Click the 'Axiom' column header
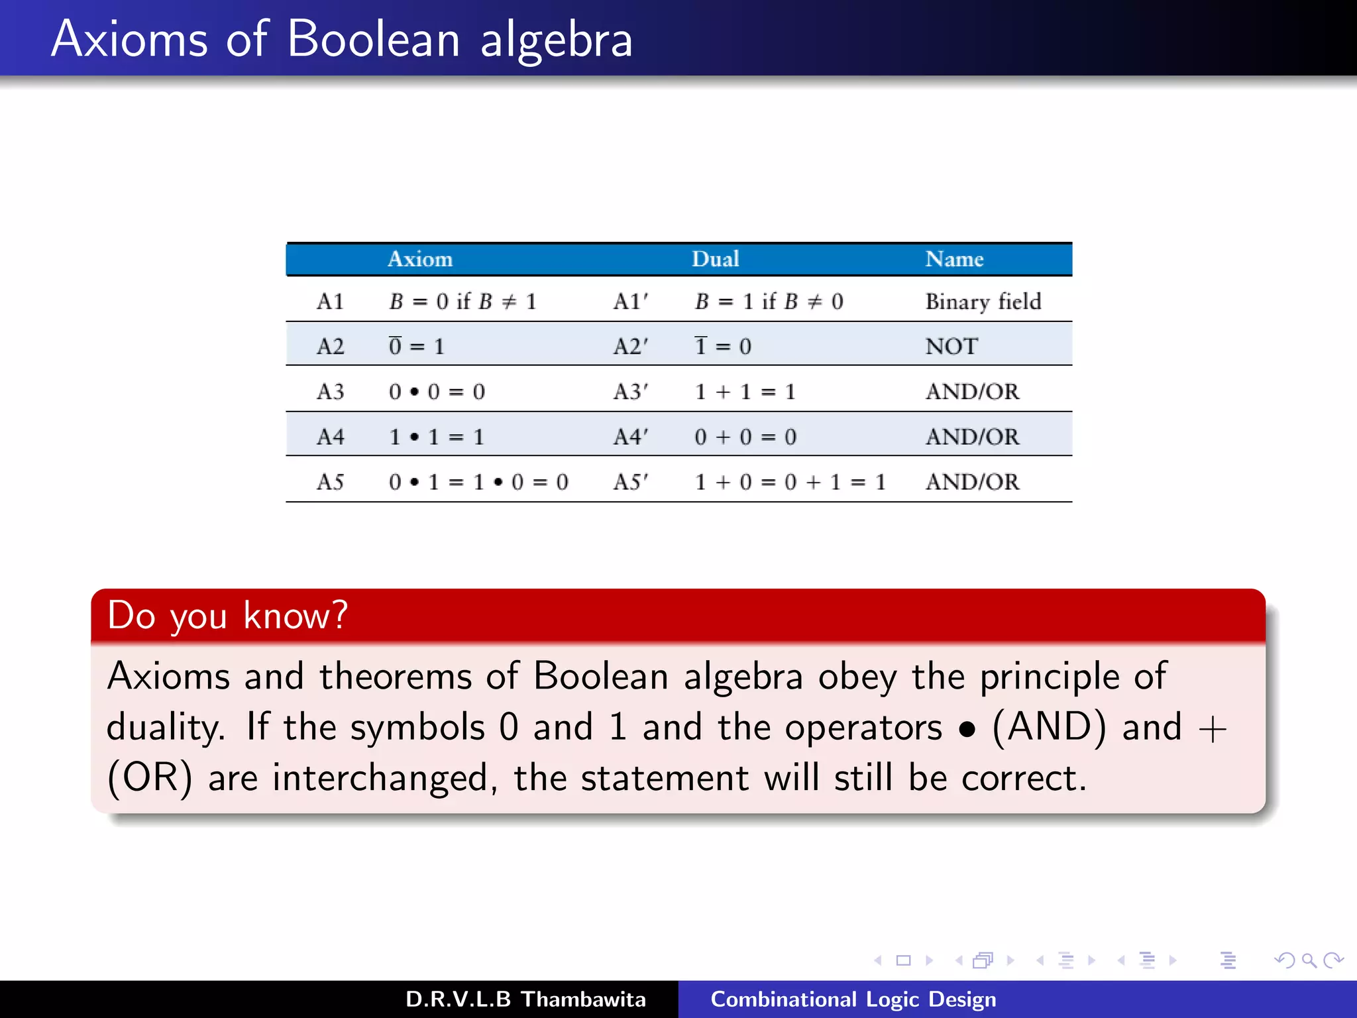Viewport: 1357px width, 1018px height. (420, 259)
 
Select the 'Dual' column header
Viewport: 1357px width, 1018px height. (715, 259)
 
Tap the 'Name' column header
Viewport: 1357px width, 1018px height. (953, 259)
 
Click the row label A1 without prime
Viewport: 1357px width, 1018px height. (330, 302)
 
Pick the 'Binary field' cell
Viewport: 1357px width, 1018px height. (983, 302)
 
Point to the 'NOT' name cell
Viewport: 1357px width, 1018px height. (951, 346)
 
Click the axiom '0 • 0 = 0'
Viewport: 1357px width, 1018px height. (437, 392)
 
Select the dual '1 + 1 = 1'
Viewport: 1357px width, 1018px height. (745, 392)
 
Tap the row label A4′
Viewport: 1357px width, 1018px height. (630, 437)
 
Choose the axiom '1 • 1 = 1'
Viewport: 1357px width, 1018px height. (437, 437)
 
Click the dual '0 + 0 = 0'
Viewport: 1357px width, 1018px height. (745, 437)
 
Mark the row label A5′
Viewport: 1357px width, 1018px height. (630, 482)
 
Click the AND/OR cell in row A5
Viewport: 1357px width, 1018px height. (972, 482)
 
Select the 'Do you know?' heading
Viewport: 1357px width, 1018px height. (227, 615)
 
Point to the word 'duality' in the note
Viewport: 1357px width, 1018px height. (165, 727)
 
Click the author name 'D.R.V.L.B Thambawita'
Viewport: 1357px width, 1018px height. (525, 999)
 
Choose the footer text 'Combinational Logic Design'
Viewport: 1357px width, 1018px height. (853, 999)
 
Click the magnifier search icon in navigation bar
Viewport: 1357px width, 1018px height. (1309, 960)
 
